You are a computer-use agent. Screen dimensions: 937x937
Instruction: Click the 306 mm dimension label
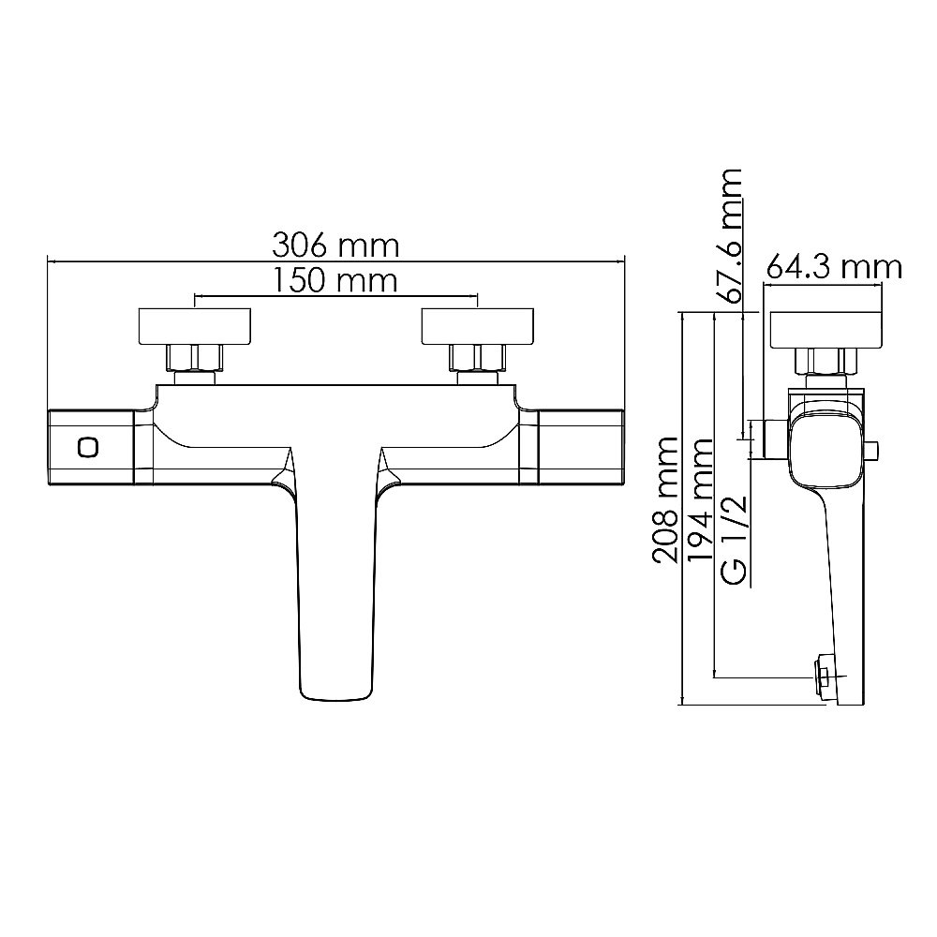pyautogui.click(x=336, y=246)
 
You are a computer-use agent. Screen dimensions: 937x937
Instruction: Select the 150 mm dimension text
pyautogui.click(x=336, y=279)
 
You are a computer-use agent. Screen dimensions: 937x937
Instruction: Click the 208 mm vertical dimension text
pyautogui.click(x=666, y=499)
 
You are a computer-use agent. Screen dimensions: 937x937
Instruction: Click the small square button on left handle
pyautogui.click(x=89, y=448)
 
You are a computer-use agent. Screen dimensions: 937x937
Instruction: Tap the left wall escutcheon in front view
pyautogui.click(x=195, y=326)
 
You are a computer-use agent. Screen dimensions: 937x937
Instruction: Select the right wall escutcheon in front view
pyautogui.click(x=478, y=326)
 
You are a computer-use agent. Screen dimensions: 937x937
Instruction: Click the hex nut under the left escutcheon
pyautogui.click(x=195, y=358)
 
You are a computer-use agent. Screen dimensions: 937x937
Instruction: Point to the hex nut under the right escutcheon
pyautogui.click(x=478, y=358)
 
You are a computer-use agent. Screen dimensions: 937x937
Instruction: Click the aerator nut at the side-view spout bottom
pyautogui.click(x=825, y=673)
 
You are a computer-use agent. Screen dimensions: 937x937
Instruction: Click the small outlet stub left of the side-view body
pyautogui.click(x=773, y=439)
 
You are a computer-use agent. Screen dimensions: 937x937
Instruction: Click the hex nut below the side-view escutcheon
pyautogui.click(x=825, y=361)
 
